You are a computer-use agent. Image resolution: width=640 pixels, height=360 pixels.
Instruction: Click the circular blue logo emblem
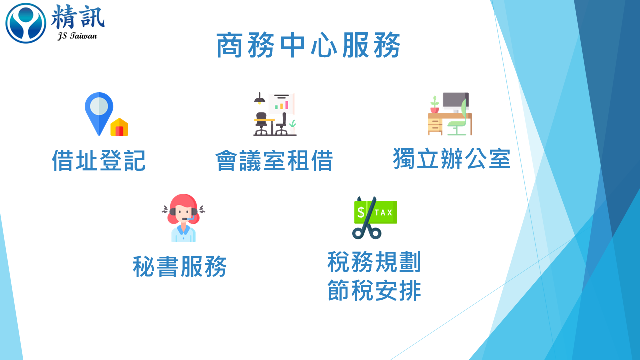(x=26, y=23)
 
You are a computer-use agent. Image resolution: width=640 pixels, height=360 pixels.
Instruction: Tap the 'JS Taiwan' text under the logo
(x=77, y=36)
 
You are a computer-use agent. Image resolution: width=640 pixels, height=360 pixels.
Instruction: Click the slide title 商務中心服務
(x=308, y=45)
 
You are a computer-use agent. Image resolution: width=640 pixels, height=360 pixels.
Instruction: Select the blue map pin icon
(x=99, y=113)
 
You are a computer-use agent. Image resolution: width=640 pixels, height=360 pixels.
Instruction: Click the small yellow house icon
(x=119, y=127)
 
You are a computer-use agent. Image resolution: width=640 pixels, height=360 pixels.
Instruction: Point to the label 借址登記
(x=99, y=160)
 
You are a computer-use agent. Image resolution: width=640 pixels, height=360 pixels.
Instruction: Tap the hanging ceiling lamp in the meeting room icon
(x=259, y=99)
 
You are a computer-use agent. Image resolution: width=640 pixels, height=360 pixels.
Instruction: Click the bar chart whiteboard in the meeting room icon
(x=282, y=103)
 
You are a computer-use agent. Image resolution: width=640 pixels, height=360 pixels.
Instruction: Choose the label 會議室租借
(x=274, y=160)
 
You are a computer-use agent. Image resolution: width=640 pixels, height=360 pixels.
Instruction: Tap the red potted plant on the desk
(x=435, y=105)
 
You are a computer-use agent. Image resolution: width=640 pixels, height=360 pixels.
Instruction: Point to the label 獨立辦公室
(x=452, y=159)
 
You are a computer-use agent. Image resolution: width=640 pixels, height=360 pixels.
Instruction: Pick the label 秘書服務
(x=180, y=266)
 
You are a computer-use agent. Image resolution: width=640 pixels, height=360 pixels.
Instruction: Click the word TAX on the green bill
(x=383, y=213)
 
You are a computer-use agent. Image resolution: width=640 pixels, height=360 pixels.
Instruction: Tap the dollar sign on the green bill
(x=361, y=212)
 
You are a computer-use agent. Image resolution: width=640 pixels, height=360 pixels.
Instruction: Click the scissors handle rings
(x=367, y=233)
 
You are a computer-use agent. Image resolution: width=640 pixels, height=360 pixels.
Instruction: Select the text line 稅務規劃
(x=374, y=262)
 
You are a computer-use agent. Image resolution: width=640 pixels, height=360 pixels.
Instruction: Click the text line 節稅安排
(x=374, y=290)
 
